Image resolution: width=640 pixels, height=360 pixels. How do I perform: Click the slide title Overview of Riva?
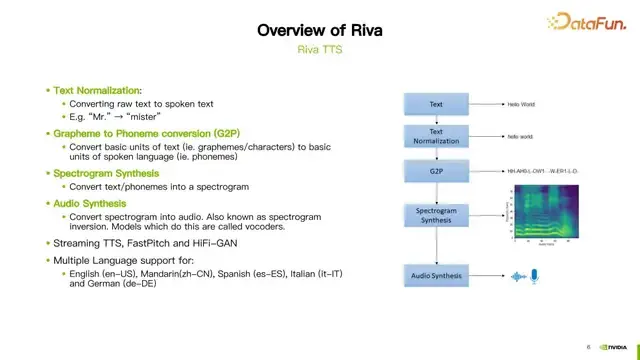(x=320, y=30)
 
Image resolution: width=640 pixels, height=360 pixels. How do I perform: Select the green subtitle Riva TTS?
(x=320, y=48)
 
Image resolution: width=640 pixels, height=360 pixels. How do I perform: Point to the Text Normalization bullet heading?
(x=98, y=90)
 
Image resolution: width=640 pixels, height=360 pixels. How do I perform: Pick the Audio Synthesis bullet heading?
(x=95, y=202)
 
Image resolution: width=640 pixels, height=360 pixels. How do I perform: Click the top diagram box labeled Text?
(x=436, y=103)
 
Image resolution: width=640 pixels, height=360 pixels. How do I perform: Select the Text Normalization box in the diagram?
(x=436, y=134)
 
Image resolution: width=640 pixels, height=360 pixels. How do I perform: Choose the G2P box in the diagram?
(x=436, y=171)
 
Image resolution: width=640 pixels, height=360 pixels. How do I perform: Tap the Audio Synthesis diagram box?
(x=436, y=274)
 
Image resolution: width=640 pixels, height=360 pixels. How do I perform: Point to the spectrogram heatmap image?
(x=541, y=213)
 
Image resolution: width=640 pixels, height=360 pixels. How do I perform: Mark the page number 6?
(x=588, y=348)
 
